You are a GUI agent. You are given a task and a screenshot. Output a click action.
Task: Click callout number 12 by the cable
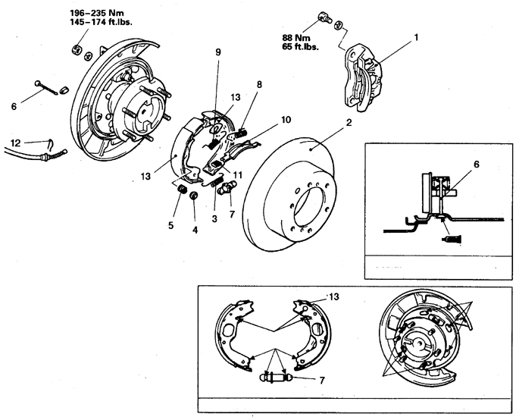14,141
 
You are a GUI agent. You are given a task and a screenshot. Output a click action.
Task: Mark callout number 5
170,225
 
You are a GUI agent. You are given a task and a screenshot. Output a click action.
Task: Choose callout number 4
195,230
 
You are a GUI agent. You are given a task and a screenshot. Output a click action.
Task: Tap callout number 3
214,218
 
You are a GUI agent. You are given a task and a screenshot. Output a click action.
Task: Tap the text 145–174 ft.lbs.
95,23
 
